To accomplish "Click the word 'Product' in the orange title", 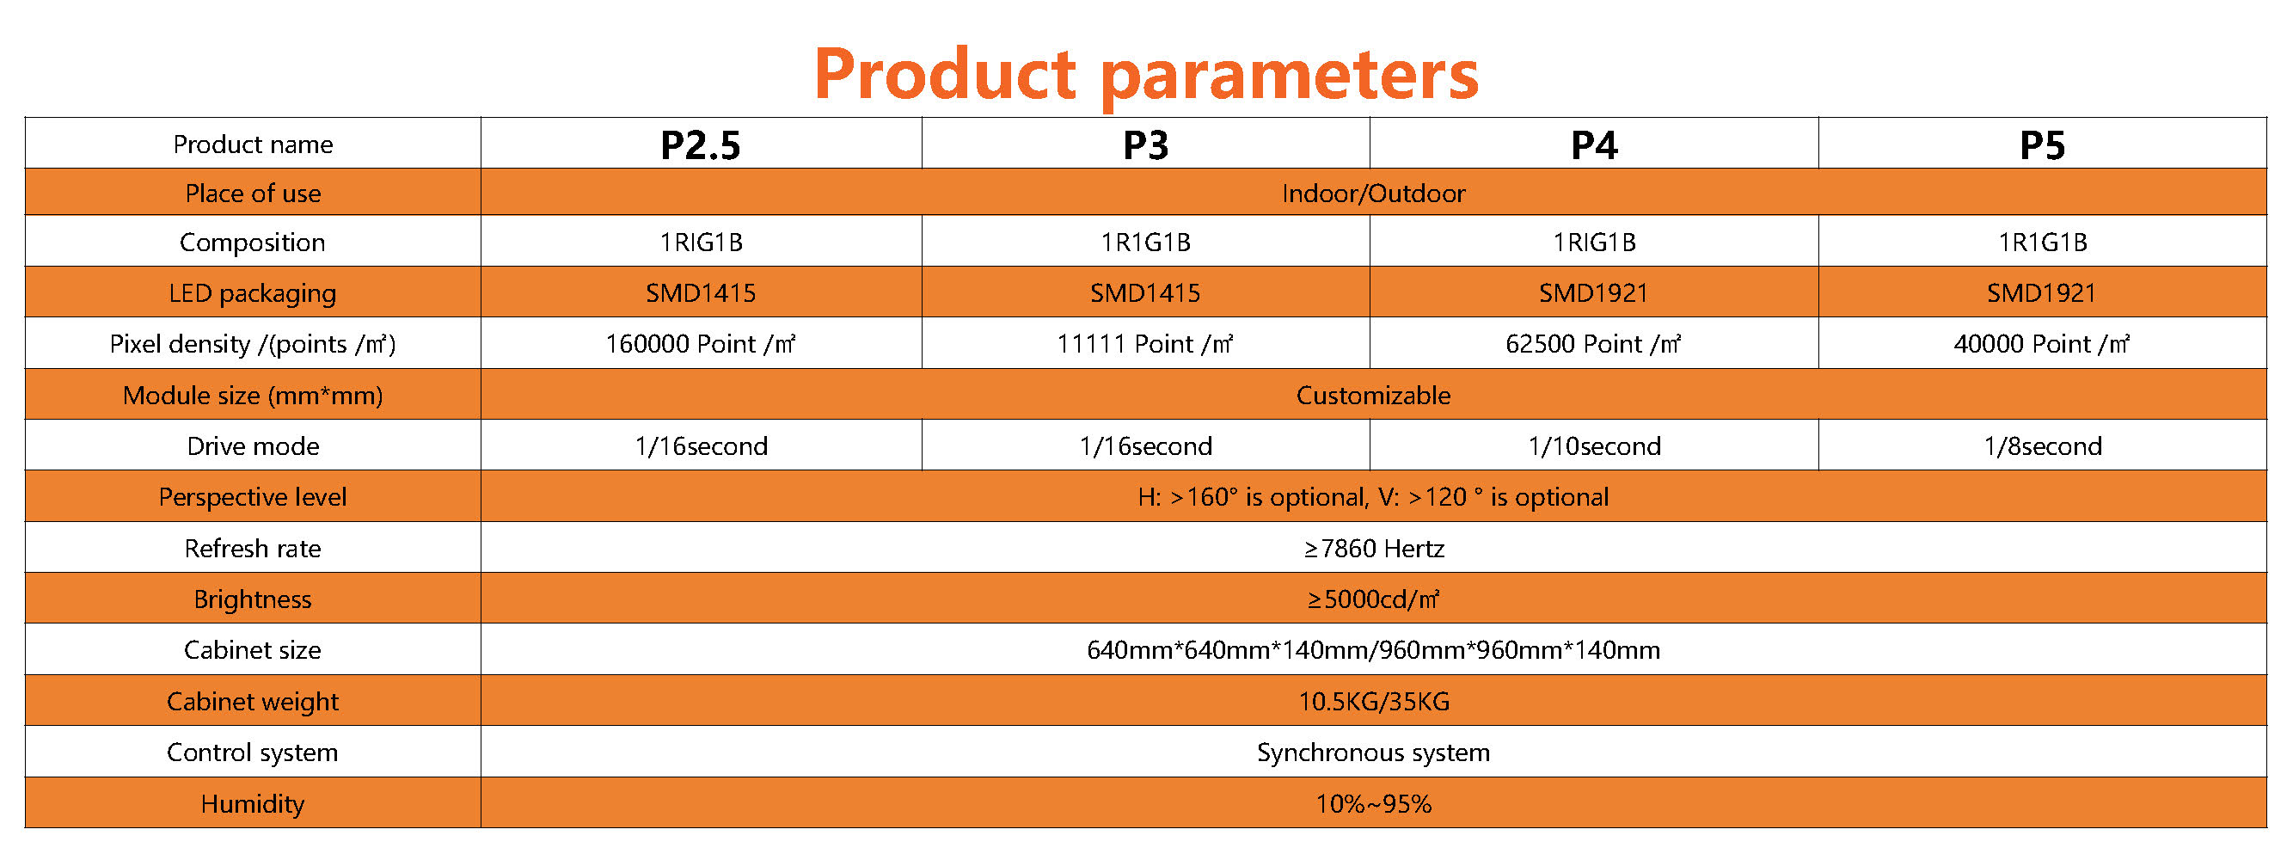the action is point(946,73).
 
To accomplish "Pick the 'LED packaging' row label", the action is point(253,294).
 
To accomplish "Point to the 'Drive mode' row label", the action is point(253,446).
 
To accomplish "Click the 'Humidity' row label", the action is point(253,804).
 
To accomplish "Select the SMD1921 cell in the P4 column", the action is point(1593,293).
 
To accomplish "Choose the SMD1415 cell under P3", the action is point(1145,293).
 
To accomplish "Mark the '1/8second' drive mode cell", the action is point(2042,446).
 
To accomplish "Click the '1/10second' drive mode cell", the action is point(1594,446).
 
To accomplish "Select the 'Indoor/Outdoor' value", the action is point(1374,193).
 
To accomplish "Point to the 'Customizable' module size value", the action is point(1374,396).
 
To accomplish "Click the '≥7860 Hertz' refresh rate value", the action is point(1374,549).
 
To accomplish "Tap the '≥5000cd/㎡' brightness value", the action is point(1374,599).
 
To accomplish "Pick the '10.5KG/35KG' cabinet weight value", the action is point(1374,702).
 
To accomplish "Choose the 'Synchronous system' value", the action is point(1374,752).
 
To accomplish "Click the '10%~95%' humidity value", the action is point(1374,804).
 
